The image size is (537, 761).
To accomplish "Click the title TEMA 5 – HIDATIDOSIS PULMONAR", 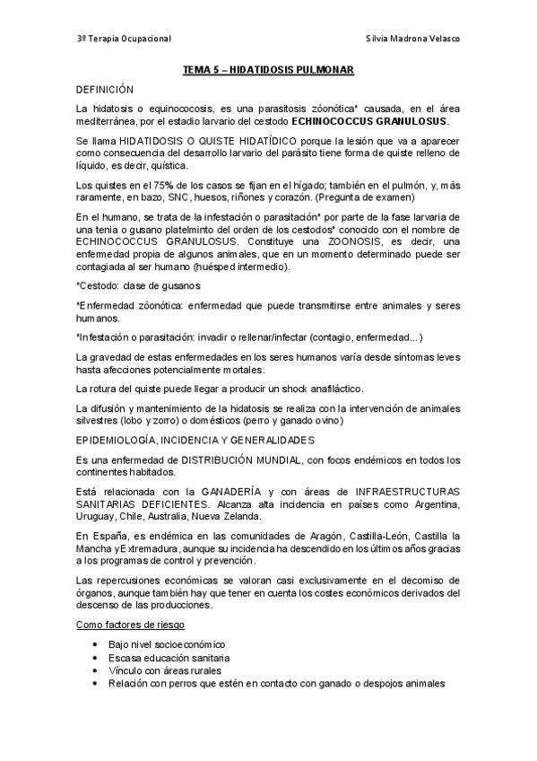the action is (268, 69).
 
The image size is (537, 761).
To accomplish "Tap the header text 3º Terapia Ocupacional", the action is (124, 39).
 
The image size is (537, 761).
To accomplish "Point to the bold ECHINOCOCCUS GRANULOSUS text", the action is (377, 121).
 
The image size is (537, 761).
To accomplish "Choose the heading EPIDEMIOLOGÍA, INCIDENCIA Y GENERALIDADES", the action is (195, 440).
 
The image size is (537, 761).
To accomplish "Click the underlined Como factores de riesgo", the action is (135, 625).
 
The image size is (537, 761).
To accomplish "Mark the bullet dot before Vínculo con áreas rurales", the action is (94, 670).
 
